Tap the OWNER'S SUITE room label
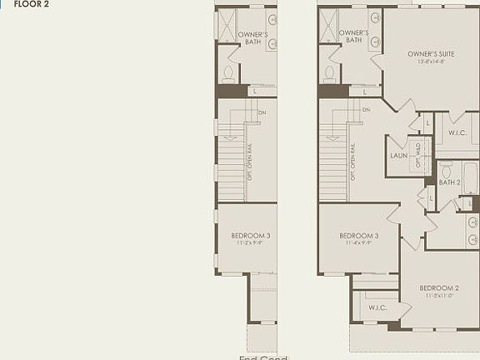tap(431, 53)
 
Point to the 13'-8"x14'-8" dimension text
tap(431, 62)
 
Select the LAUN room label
tap(398, 156)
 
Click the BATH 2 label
tap(449, 182)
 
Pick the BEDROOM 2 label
tap(439, 287)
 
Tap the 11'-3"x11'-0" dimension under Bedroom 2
tap(439, 296)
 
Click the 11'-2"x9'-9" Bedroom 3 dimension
tap(251, 243)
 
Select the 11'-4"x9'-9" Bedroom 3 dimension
tap(359, 243)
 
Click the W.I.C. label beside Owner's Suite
tap(457, 132)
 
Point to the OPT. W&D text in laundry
tap(419, 157)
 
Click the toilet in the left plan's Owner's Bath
tap(227, 72)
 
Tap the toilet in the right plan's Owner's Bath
tap(330, 72)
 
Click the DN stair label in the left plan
tap(262, 112)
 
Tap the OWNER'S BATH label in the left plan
tap(252, 38)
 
